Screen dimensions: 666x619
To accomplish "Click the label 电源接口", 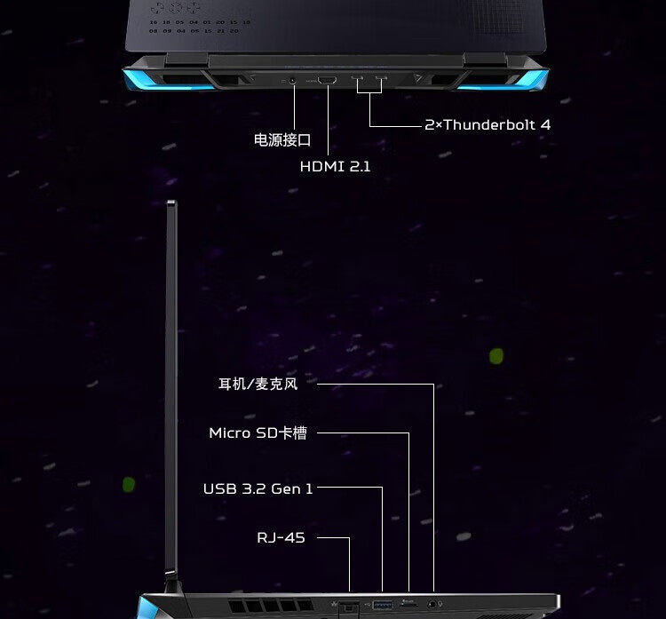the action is point(282,139).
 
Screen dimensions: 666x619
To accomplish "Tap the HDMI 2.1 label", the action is point(335,166).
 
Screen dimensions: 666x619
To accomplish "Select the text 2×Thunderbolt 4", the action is point(488,125).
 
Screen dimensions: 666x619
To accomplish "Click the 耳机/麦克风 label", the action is point(258,385).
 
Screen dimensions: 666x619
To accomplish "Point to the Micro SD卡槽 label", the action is point(258,433).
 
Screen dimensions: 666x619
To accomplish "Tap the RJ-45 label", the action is point(281,538).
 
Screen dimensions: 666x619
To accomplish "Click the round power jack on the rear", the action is point(293,81).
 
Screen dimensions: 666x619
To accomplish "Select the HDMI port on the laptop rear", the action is point(327,81).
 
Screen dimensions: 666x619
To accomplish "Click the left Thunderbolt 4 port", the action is point(358,81).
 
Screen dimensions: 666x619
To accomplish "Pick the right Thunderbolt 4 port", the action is point(382,81).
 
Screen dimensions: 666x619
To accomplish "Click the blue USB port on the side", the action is point(383,605).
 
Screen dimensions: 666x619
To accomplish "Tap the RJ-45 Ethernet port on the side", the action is point(349,605).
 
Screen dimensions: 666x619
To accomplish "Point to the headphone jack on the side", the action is point(433,604).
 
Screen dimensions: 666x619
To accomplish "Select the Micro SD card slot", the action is point(409,603).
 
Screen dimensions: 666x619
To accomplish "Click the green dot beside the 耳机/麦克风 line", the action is point(496,356).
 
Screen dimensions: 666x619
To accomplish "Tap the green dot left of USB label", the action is point(129,485).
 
